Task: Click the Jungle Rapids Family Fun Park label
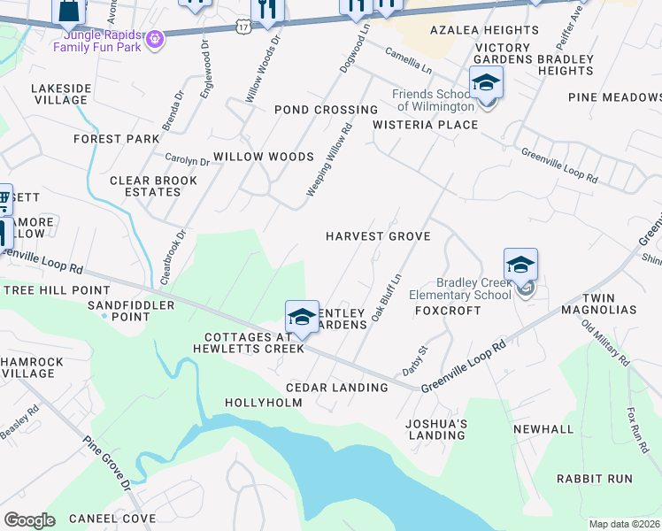coord(96,40)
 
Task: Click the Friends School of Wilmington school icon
coord(486,85)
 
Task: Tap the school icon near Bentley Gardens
coord(302,318)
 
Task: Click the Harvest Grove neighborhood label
coord(378,236)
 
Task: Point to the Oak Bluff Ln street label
coord(386,298)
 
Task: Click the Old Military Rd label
coord(605,342)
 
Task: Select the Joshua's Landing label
coord(435,429)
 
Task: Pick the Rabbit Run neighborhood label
coord(595,479)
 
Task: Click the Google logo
coord(28,519)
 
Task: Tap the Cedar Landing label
coord(337,388)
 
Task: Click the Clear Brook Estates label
coord(145,186)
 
